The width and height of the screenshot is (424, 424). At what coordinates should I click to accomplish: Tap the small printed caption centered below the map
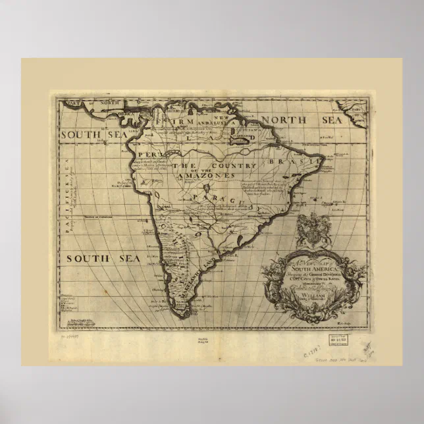(x=211, y=340)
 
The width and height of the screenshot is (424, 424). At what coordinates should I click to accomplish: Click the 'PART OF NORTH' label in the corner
(x=80, y=103)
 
